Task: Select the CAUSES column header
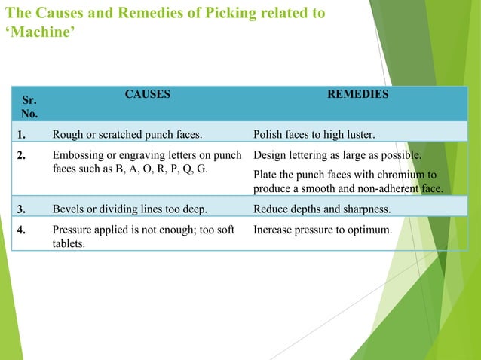click(x=147, y=95)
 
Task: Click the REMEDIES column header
click(x=358, y=95)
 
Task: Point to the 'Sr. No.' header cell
click(x=28, y=105)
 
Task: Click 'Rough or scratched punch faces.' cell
click(x=127, y=136)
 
